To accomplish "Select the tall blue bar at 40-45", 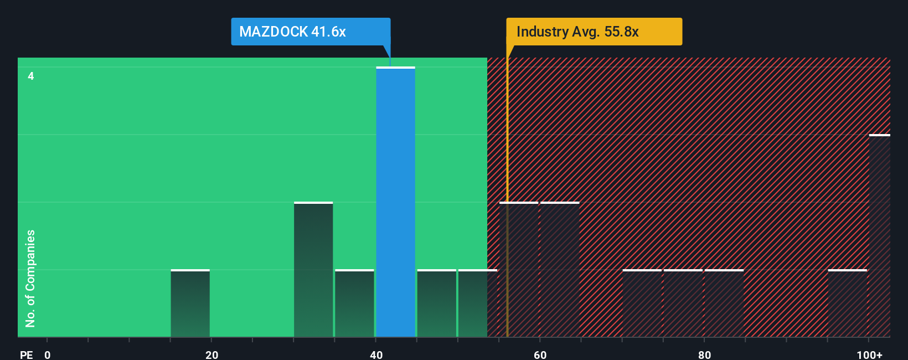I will point(395,202).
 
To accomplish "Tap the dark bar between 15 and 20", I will point(190,304).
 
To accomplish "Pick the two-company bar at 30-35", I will point(313,270).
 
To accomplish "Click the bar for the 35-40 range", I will point(354,304).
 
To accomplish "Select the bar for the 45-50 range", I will point(436,304).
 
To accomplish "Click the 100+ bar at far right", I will point(879,236).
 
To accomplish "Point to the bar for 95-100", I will point(847,304).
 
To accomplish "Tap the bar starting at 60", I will point(560,270).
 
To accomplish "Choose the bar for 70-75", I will point(642,304).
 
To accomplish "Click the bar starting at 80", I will point(724,304).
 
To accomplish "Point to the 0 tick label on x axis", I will point(48,354).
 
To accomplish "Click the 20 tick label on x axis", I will point(211,354).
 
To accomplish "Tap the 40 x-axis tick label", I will point(376,354).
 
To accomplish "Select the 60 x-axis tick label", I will point(540,354).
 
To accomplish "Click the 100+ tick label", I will point(869,354).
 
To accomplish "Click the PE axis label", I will point(26,354).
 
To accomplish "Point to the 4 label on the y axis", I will point(31,76).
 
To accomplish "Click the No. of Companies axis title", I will point(30,278).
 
